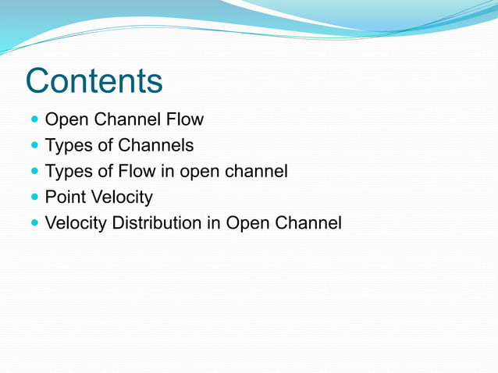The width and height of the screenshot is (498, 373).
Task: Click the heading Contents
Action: coord(94,81)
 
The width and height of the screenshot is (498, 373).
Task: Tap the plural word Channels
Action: coord(155,146)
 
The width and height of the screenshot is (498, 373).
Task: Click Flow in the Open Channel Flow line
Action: coord(184,120)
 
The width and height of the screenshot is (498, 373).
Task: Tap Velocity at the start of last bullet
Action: coord(76,223)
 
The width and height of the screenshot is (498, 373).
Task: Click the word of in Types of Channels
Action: coord(104,146)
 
